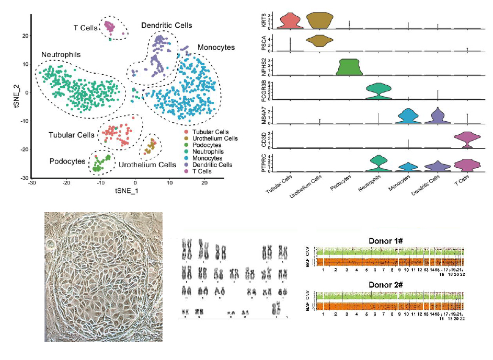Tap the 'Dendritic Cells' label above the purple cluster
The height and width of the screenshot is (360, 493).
(x=166, y=25)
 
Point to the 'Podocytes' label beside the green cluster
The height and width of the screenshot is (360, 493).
(x=67, y=161)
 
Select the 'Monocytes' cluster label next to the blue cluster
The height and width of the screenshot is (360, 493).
(x=216, y=48)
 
